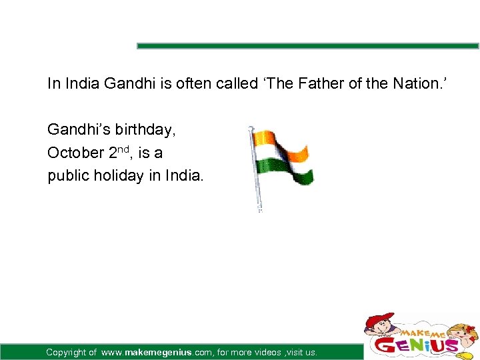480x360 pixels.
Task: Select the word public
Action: pyautogui.click(x=67, y=176)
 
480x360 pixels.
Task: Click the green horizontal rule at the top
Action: pyautogui.click(x=307, y=46)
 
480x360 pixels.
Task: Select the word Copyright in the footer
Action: pyautogui.click(x=67, y=352)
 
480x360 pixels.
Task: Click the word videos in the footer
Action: pyautogui.click(x=267, y=352)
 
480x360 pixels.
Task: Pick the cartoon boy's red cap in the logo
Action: pyautogui.click(x=379, y=319)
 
